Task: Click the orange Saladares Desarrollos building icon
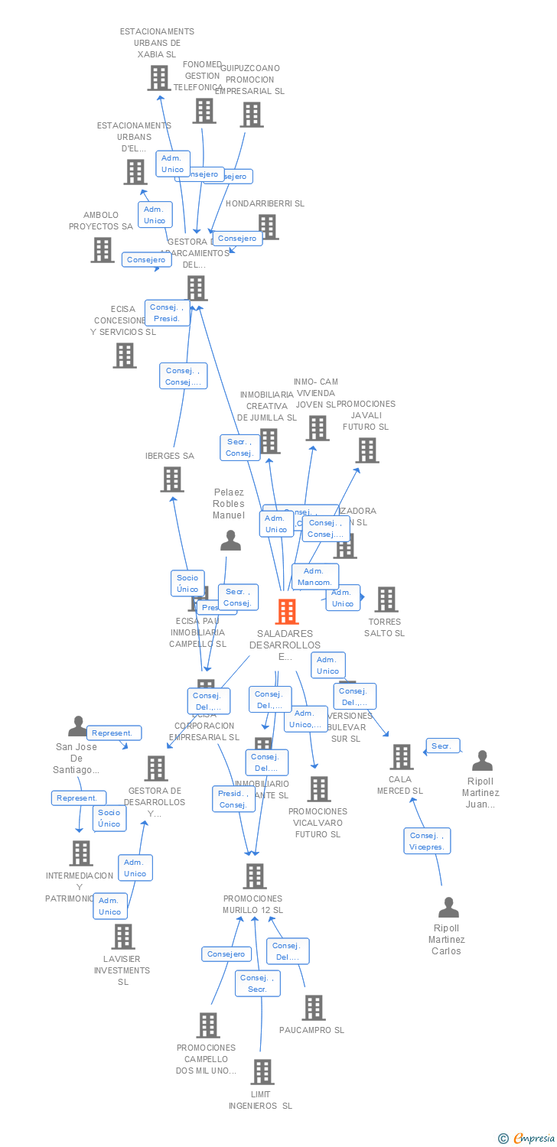tap(287, 612)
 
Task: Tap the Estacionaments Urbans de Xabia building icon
tap(158, 78)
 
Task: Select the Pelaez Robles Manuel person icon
tap(230, 541)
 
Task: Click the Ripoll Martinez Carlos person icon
tap(448, 908)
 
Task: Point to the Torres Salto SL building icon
tap(386, 599)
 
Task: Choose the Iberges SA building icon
tap(172, 479)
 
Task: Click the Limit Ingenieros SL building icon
tap(262, 1072)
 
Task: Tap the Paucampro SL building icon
tap(314, 1008)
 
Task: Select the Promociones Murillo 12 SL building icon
tap(254, 876)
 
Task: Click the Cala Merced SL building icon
tap(401, 757)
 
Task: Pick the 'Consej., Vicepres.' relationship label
tap(427, 841)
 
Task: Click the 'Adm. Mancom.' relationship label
tap(314, 577)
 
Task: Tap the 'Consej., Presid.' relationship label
tap(168, 313)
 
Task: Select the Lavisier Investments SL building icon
tap(122, 937)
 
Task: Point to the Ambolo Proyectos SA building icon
tap(102, 250)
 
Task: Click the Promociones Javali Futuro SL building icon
tap(367, 450)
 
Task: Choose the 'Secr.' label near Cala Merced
tap(442, 746)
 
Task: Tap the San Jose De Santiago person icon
tap(78, 726)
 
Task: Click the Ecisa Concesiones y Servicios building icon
tap(125, 356)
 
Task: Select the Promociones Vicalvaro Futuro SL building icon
tap(318, 789)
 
